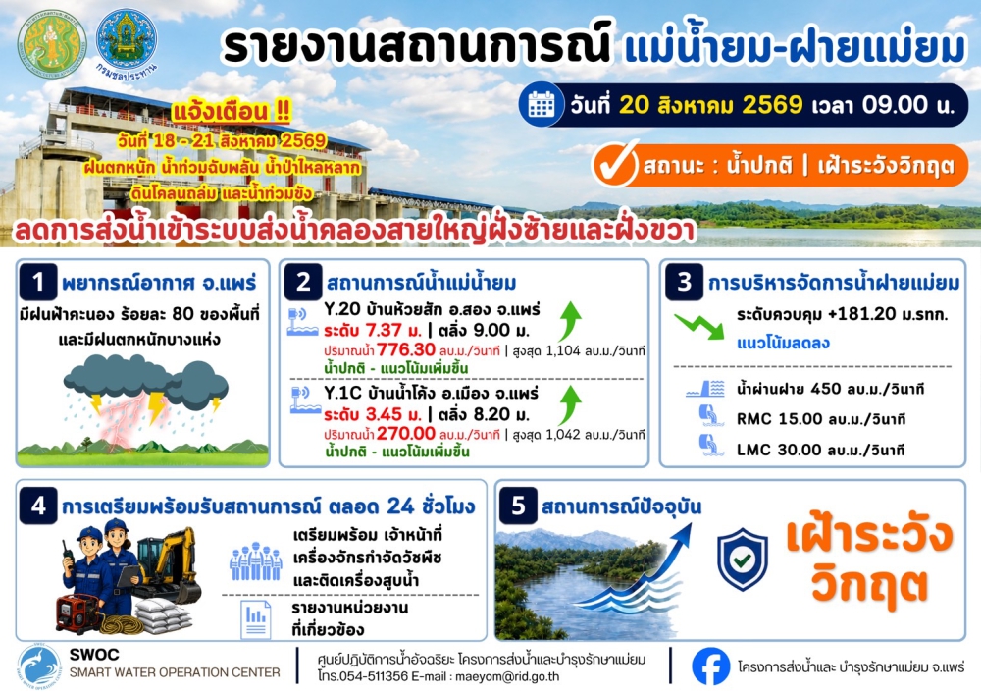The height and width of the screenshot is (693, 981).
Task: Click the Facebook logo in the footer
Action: [710, 666]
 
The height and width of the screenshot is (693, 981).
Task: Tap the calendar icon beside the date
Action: [542, 104]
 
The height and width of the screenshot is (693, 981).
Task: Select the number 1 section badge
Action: [38, 283]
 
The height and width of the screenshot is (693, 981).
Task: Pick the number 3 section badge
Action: [684, 282]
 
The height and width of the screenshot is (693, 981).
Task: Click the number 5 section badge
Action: [518, 506]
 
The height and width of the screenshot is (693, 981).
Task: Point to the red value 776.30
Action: [406, 349]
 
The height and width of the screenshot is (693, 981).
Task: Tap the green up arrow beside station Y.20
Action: [570, 322]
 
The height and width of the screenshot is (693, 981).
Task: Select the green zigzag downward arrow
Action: [698, 325]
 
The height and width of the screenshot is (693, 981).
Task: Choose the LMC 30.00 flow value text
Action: [820, 450]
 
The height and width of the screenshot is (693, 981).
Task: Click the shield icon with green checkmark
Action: [742, 560]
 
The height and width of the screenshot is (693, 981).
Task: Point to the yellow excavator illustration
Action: [167, 563]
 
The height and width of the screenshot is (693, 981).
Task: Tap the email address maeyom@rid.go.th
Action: [507, 676]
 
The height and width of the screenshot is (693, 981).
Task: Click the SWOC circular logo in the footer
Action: [40, 667]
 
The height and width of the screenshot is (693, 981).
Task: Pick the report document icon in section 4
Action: [256, 619]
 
